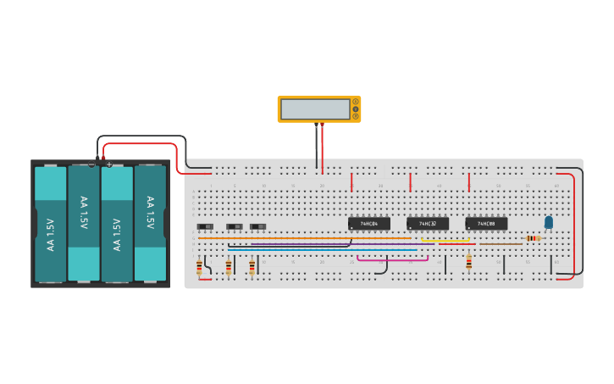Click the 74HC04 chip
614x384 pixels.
pos(369,224)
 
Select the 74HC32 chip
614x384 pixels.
pos(428,224)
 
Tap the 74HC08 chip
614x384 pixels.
pos(486,224)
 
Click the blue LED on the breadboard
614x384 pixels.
pos(549,222)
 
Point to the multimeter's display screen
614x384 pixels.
pos(315,109)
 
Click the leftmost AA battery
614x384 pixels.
pos(51,224)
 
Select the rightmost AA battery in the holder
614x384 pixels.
pos(150,224)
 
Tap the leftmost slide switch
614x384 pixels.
pos(205,226)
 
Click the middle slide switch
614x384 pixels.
pos(235,226)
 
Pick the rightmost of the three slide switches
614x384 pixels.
pos(258,226)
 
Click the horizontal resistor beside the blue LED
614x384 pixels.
pos(533,238)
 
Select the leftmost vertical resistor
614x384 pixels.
pos(199,268)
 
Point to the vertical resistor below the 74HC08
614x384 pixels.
pos(468,262)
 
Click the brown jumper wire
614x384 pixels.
pos(500,244)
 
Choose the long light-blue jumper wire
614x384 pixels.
pos(322,250)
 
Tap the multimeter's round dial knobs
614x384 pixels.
pos(356,109)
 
